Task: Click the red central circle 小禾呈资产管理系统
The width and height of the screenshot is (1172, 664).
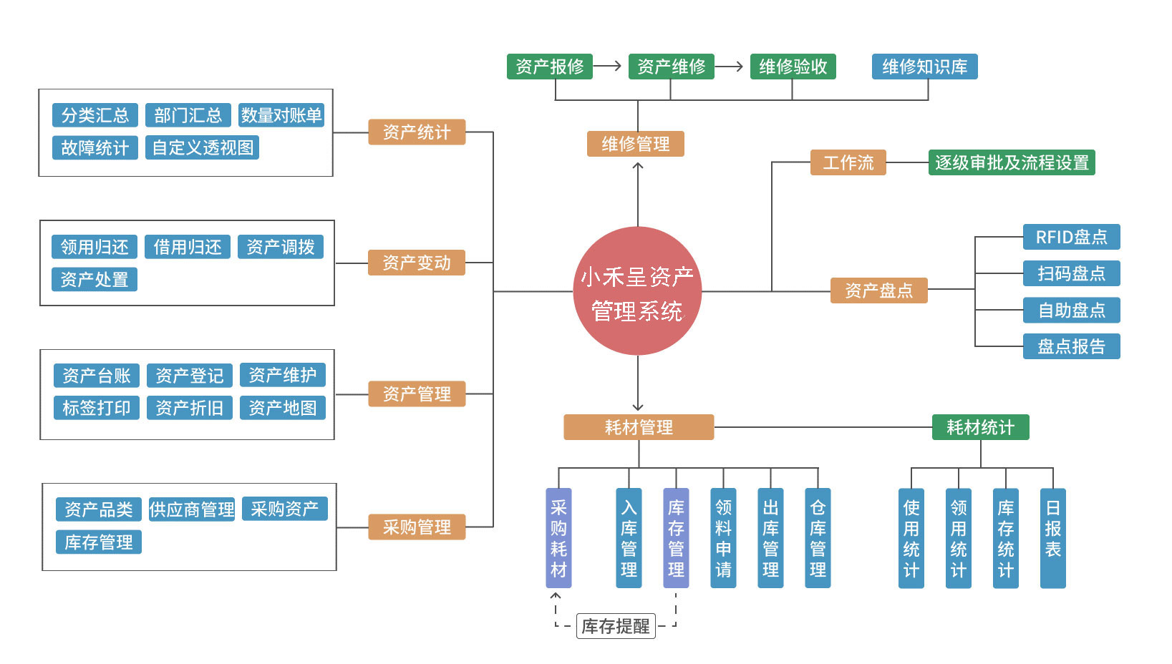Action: tap(637, 291)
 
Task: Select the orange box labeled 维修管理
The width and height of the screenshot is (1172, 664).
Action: tap(636, 144)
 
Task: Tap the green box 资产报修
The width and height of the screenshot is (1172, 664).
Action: tap(549, 67)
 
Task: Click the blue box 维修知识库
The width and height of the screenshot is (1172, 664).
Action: tap(924, 67)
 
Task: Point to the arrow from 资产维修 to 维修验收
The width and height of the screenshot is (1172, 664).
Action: tap(730, 67)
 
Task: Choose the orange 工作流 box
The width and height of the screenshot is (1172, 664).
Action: tap(848, 162)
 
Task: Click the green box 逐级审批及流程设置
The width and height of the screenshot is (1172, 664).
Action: tap(1011, 162)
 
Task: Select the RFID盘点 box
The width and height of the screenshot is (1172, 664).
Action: tap(1071, 237)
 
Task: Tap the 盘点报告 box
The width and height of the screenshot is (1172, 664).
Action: tap(1071, 346)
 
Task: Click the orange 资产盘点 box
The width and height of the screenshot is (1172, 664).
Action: tap(878, 290)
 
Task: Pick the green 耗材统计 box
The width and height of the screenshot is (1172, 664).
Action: tap(980, 427)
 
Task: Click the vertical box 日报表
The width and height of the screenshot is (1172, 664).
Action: tap(1052, 538)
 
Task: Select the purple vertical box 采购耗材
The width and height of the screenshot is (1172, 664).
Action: tap(558, 538)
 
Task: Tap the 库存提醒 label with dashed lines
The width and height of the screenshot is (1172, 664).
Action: tap(616, 626)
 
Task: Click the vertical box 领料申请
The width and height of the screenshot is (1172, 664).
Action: tap(723, 538)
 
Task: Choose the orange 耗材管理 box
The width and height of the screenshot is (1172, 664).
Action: tap(639, 427)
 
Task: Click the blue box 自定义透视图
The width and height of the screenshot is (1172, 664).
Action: tap(203, 147)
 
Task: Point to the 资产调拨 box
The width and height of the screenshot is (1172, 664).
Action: tap(281, 247)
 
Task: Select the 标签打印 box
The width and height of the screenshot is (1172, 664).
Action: tap(97, 408)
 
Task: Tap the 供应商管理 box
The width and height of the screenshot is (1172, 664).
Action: tap(192, 509)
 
